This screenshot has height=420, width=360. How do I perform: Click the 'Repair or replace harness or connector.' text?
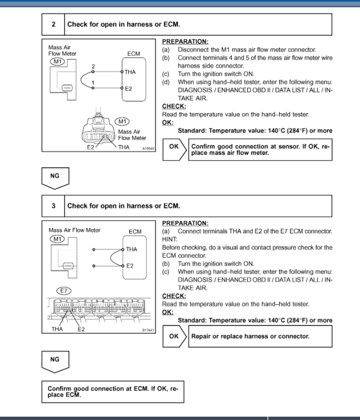pyautogui.click(x=250, y=336)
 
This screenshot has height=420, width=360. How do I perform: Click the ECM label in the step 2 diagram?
pyautogui.click(x=134, y=54)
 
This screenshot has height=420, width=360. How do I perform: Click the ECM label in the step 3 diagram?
pyautogui.click(x=135, y=232)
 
